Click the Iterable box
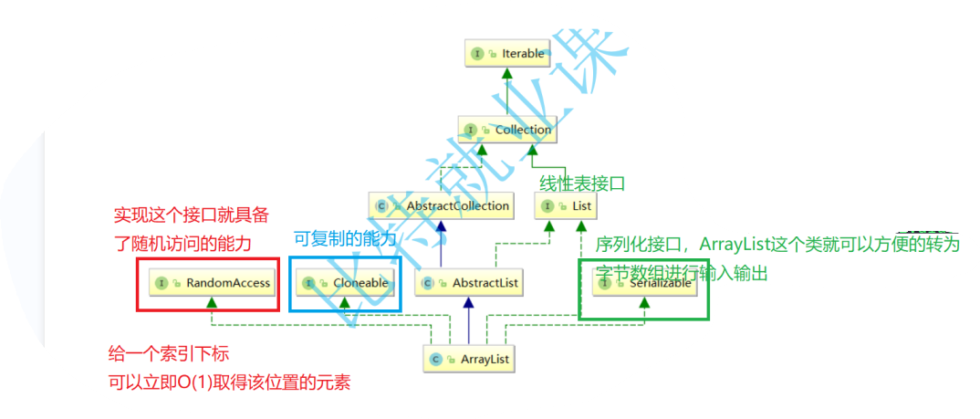click(508, 54)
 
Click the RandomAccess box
click(213, 283)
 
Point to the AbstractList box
click(469, 283)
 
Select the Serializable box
click(645, 283)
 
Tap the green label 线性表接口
click(583, 183)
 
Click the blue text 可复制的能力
click(346, 239)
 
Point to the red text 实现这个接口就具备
click(191, 216)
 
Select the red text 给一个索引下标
click(175, 354)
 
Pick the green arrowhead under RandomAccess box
click(212, 302)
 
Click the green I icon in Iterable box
click(478, 54)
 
